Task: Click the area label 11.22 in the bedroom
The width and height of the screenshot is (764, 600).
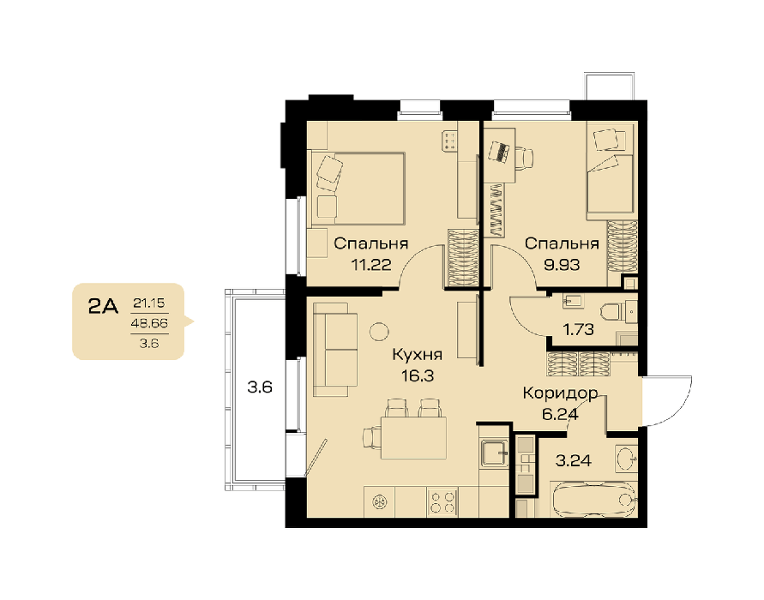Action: (x=371, y=265)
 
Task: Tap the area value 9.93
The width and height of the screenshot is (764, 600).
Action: (x=562, y=265)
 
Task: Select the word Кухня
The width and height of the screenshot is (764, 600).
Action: (x=417, y=355)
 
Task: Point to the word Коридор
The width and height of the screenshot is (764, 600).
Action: (x=560, y=393)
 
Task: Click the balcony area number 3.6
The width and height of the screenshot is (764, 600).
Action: (x=260, y=387)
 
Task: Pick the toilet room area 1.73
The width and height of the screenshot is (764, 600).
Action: (x=579, y=330)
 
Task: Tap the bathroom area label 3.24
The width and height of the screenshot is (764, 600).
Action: (x=574, y=460)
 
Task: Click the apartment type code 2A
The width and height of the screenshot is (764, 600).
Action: (x=103, y=307)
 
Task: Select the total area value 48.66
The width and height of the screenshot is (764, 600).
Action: (x=149, y=323)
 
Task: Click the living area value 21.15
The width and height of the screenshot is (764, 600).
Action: (x=149, y=303)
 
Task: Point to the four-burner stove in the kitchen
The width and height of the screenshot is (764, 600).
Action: (x=442, y=502)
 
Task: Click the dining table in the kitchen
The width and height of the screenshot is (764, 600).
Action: (x=413, y=438)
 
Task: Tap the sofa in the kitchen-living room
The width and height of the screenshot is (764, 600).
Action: (x=335, y=349)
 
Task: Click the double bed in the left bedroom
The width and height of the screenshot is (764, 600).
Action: (x=358, y=189)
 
